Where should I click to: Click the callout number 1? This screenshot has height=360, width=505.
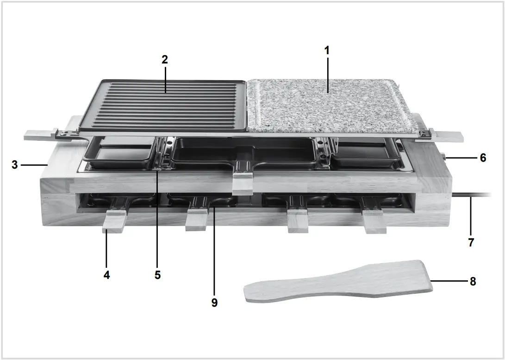point(327,51)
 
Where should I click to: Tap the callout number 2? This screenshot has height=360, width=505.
point(165,59)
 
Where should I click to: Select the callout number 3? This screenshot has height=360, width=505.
point(15,164)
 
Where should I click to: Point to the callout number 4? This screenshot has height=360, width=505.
point(107,275)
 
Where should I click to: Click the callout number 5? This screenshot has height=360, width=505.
point(157,275)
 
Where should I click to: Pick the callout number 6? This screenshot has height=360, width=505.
point(483,158)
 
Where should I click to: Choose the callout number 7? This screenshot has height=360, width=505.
point(471,242)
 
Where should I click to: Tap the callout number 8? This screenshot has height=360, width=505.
point(473,281)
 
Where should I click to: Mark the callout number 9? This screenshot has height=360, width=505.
point(214,303)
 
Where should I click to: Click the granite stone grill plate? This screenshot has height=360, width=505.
point(329,104)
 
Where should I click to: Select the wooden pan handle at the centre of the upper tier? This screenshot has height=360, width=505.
point(243,183)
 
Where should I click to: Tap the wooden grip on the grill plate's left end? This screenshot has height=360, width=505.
point(39,135)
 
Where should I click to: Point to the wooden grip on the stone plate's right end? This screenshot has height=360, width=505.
point(449,136)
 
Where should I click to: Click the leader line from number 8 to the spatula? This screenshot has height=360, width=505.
point(449,281)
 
